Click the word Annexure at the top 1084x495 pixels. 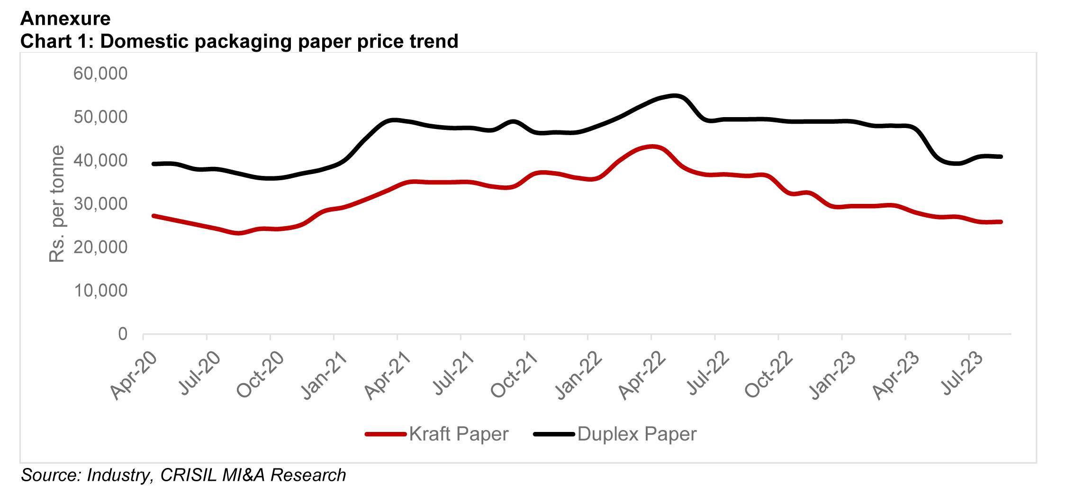point(65,18)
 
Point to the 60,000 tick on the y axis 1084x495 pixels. point(100,73)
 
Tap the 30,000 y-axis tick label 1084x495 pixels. point(100,204)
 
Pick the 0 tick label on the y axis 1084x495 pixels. point(123,334)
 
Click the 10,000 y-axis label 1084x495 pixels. point(100,291)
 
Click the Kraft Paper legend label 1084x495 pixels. point(459,434)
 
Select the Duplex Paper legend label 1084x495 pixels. point(637,434)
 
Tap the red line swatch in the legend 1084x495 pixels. point(386,434)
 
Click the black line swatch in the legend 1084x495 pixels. point(554,434)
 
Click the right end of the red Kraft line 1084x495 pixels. point(1001,222)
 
